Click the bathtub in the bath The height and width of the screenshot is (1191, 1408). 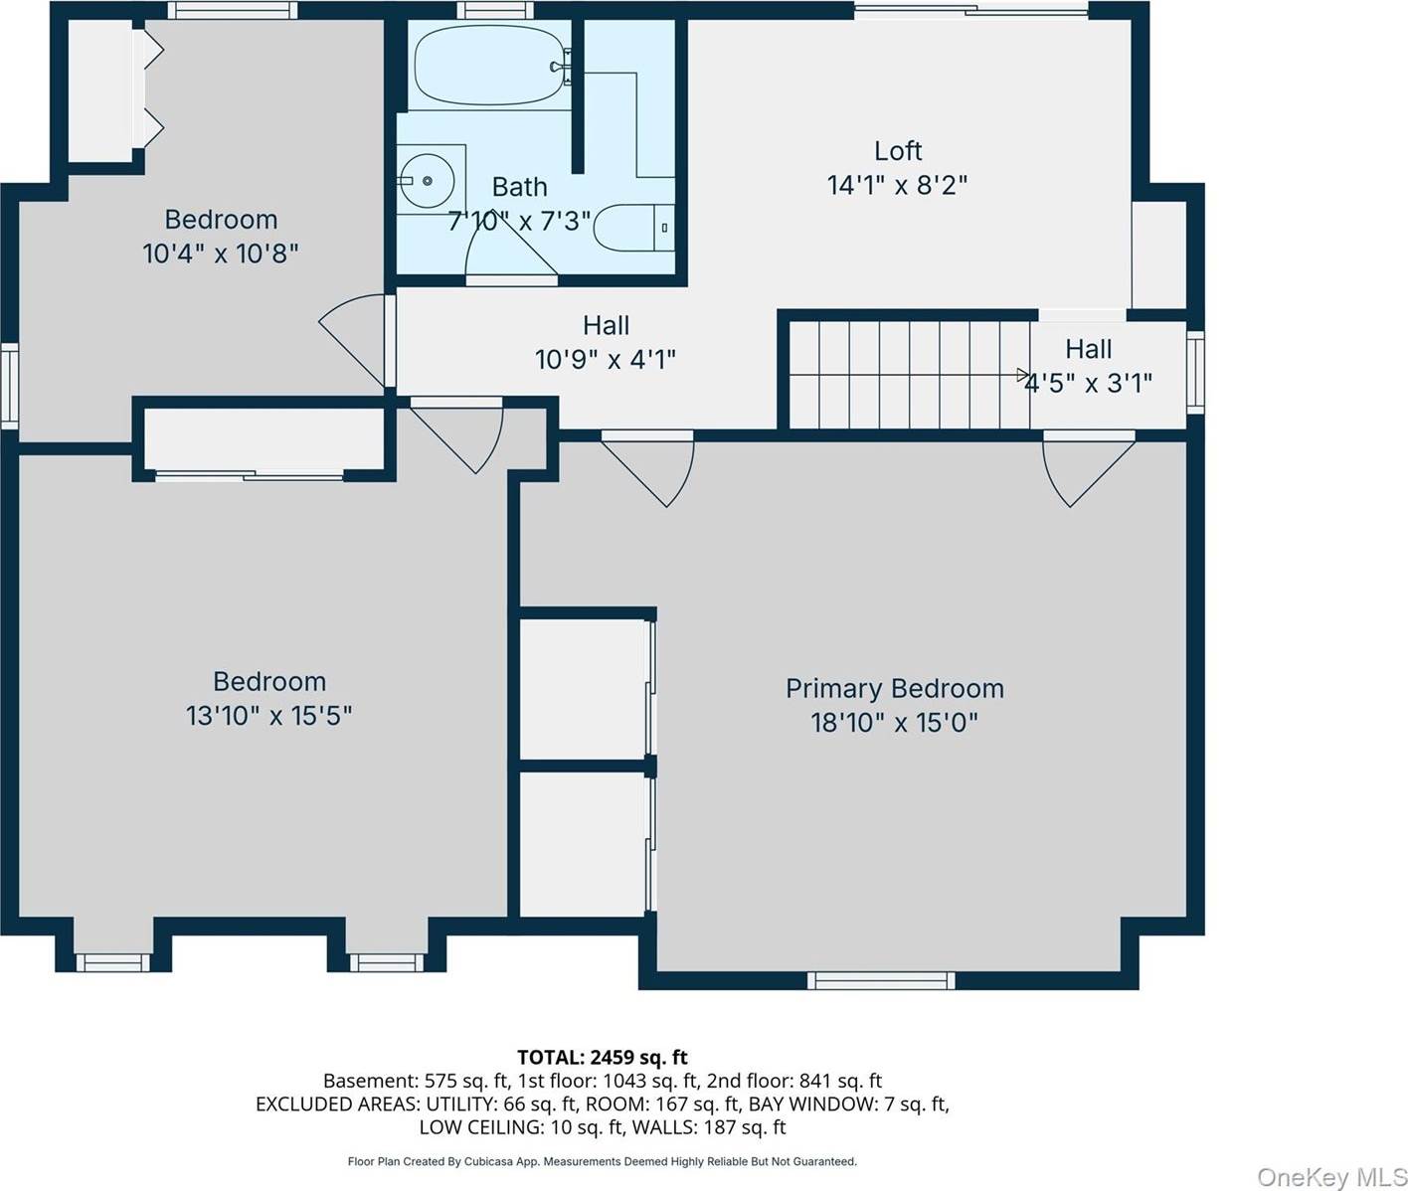click(x=490, y=66)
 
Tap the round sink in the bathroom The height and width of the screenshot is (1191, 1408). click(x=427, y=181)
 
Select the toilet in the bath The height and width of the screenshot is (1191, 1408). click(x=633, y=228)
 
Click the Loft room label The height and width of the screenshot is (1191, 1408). click(x=897, y=150)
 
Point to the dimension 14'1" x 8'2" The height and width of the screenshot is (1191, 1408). click(x=897, y=185)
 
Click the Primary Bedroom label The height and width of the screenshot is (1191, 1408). click(x=894, y=688)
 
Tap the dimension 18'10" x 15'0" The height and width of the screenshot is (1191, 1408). click(x=894, y=722)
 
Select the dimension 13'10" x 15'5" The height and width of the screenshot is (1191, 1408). click(x=268, y=716)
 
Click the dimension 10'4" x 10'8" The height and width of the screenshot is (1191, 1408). click(x=220, y=254)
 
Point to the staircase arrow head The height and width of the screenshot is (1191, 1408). click(x=1023, y=374)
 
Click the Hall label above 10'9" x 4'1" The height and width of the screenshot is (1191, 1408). click(x=606, y=325)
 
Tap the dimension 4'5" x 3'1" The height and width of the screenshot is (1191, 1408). click(x=1088, y=384)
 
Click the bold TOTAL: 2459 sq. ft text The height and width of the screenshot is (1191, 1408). click(x=603, y=1057)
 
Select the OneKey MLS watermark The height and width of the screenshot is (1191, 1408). click(x=1331, y=1176)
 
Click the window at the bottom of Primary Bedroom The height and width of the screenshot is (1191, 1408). click(x=881, y=980)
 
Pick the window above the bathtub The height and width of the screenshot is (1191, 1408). click(x=495, y=10)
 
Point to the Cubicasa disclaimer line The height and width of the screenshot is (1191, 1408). click(x=603, y=1161)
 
